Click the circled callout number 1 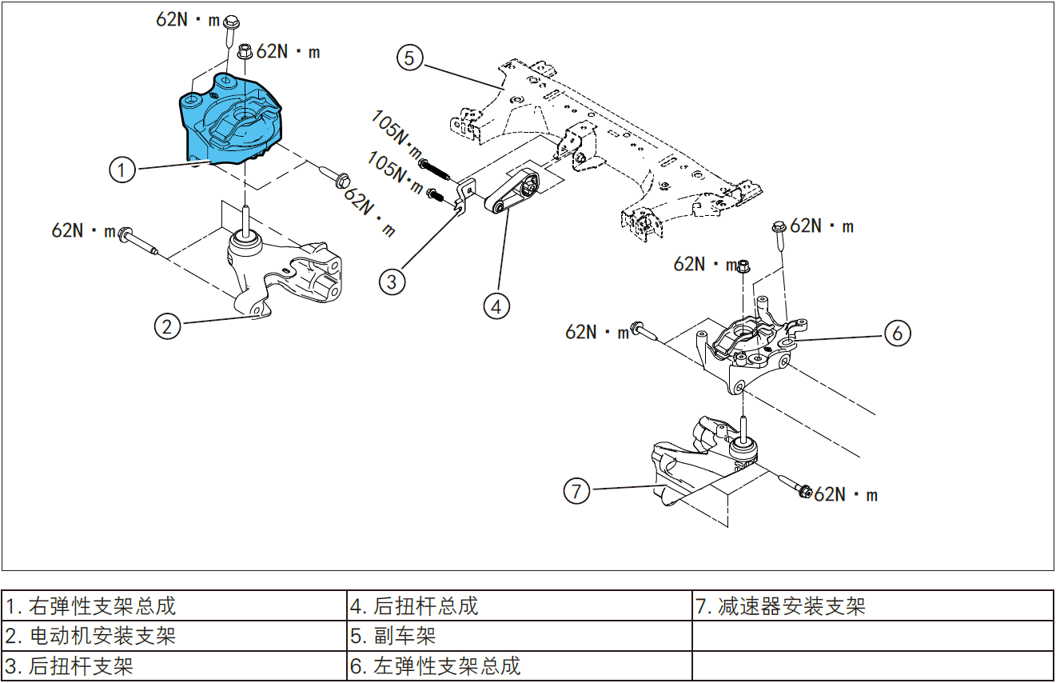coord(122,170)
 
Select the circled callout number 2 coord(167,326)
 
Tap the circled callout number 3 coord(392,282)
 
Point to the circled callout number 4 coord(496,306)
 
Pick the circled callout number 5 coord(409,58)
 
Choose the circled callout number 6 coord(897,333)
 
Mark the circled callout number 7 coord(577,490)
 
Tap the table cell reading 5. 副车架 coord(519,637)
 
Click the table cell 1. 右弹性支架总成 coord(174,606)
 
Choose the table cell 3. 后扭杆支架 coord(174,665)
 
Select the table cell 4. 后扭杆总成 coord(519,606)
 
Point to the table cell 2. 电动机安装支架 coord(174,637)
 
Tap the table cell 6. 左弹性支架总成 coord(519,665)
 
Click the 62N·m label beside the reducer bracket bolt coord(846,495)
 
